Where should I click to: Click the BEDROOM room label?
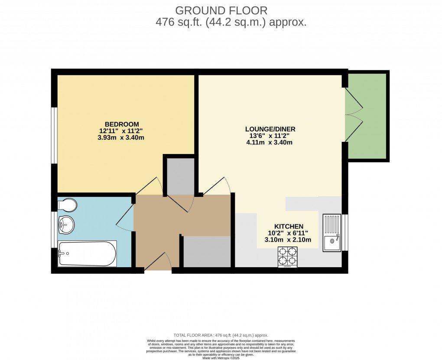click(x=121, y=124)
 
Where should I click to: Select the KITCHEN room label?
click(x=288, y=226)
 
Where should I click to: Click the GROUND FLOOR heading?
click(x=221, y=10)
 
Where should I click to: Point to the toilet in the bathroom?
click(x=67, y=204)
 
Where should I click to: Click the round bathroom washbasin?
click(x=66, y=224)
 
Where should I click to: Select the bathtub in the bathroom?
click(x=87, y=254)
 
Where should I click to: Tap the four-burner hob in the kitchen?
click(x=287, y=256)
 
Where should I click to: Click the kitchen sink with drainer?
click(x=332, y=232)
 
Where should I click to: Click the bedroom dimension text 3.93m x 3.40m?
click(x=121, y=138)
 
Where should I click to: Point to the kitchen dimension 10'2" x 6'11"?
click(x=288, y=233)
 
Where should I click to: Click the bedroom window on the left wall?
click(x=54, y=135)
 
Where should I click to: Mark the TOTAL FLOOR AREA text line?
click(x=221, y=335)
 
